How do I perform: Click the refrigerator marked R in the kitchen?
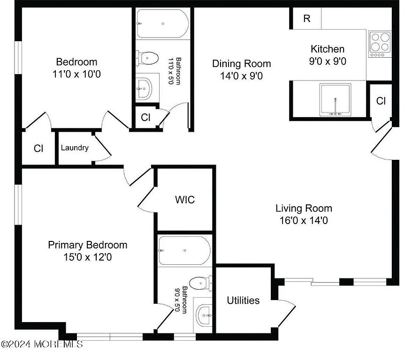point(307,18)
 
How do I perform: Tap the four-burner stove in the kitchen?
point(380,44)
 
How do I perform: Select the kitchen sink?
point(336,99)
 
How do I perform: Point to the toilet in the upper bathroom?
point(148,59)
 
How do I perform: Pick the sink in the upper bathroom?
point(145,88)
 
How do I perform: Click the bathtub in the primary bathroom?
point(184,251)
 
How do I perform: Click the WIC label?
point(184,200)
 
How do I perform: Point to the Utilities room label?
point(243,300)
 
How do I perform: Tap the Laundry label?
point(75,148)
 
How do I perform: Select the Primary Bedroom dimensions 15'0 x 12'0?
point(88,257)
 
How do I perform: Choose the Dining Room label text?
point(241,64)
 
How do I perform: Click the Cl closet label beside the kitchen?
point(381,101)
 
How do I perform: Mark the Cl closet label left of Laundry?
point(38,148)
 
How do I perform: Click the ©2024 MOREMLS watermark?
point(42,344)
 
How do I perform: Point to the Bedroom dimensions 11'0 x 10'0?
point(76,74)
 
